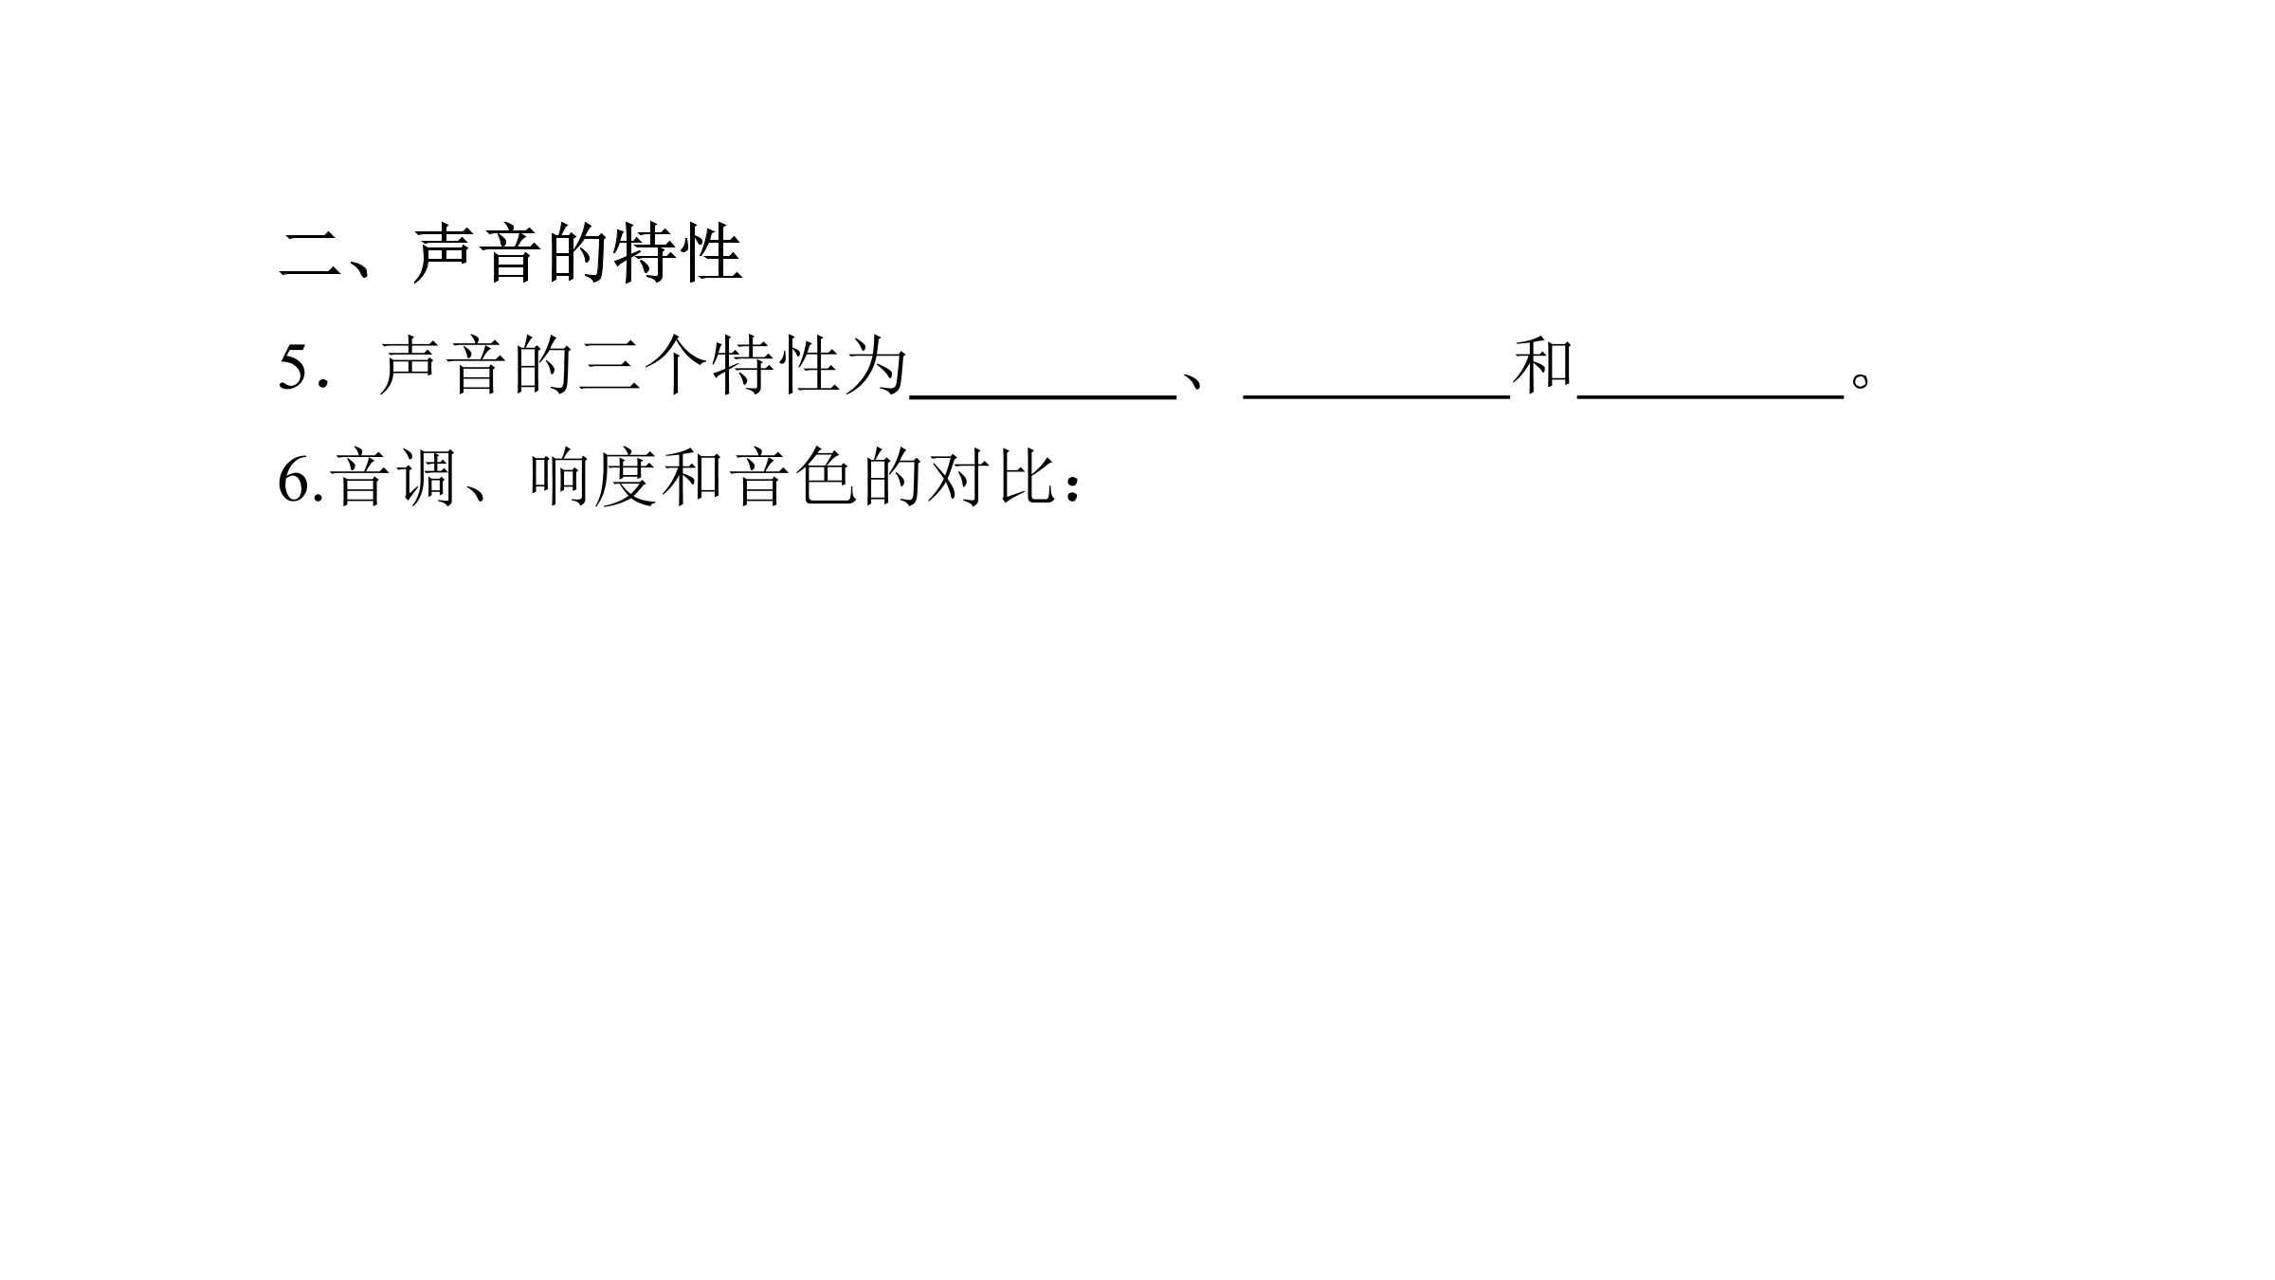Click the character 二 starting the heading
tap(310, 254)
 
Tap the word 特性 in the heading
tap(677, 254)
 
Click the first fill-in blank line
tap(1043, 397)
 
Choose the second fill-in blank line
tap(1376, 397)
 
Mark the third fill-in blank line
tap(1710, 397)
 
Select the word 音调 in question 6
tap(395, 480)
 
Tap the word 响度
tap(594, 480)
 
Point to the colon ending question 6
tap(1073, 485)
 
